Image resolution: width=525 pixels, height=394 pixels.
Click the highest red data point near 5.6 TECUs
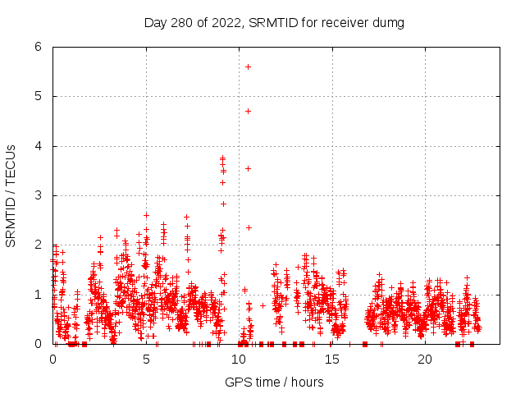tap(248, 66)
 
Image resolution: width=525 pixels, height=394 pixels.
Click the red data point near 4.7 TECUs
tap(248, 111)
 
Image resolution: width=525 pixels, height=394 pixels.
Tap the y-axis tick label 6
tap(38, 47)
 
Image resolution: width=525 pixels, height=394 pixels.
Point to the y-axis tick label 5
tap(38, 96)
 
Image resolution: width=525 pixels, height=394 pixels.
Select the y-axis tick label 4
tap(38, 146)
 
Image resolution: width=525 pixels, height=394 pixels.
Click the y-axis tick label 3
tap(38, 195)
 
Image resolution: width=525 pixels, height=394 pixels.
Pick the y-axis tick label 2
tap(38, 245)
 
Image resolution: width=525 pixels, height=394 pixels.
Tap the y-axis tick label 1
tap(38, 295)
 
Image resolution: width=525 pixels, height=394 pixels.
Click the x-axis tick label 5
tap(146, 359)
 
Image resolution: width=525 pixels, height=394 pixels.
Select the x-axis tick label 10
tap(239, 359)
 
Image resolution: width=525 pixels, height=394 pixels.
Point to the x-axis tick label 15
tap(332, 359)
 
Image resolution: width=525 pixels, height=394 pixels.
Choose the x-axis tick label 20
tap(425, 359)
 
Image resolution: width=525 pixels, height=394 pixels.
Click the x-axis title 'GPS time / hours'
tap(274, 382)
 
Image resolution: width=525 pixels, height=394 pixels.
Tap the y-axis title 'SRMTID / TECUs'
tap(11, 195)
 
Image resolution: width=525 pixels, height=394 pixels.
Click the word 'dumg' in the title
tap(388, 22)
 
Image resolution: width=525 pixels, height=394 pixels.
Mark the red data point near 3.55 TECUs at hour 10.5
tap(248, 168)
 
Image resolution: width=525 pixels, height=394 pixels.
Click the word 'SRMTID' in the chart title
tap(275, 22)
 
